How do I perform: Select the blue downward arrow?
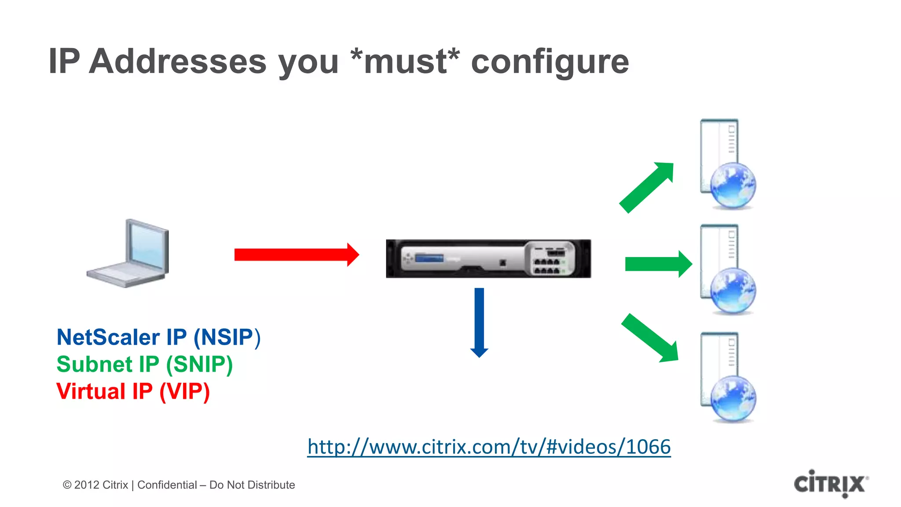click(479, 321)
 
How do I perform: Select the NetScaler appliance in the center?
click(488, 259)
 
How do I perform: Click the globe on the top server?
click(733, 185)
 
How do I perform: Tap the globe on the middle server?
click(733, 291)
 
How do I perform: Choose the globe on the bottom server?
click(733, 398)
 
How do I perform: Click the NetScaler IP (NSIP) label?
click(158, 338)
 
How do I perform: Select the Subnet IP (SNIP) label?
click(144, 364)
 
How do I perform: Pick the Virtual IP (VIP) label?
click(133, 391)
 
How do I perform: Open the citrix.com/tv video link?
click(489, 447)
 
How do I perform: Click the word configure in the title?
click(550, 62)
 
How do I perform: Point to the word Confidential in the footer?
click(167, 485)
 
